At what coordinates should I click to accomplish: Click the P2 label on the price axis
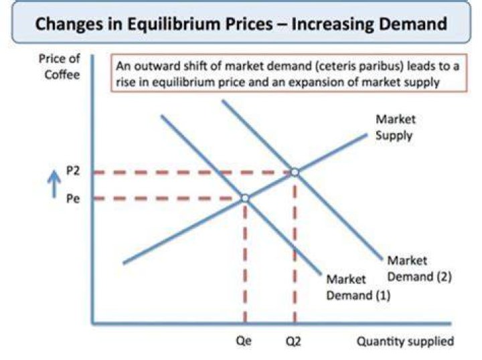pyautogui.click(x=73, y=171)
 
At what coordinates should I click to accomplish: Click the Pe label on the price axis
pyautogui.click(x=73, y=199)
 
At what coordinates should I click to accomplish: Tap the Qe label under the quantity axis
pyautogui.click(x=244, y=341)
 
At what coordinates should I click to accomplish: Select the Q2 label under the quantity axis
pyautogui.click(x=294, y=341)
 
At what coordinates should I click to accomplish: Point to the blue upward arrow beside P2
pyautogui.click(x=54, y=184)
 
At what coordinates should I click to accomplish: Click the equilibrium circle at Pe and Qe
pyautogui.click(x=245, y=199)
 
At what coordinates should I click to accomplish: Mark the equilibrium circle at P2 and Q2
pyautogui.click(x=295, y=173)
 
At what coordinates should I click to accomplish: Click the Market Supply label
pyautogui.click(x=396, y=127)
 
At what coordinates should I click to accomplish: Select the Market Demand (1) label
pyautogui.click(x=358, y=287)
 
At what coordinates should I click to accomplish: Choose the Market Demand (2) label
pyautogui.click(x=419, y=268)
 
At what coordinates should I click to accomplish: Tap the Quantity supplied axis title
pyautogui.click(x=405, y=341)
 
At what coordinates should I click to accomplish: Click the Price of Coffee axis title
pyautogui.click(x=60, y=66)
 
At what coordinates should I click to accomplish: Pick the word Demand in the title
pyautogui.click(x=413, y=23)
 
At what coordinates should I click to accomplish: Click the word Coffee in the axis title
pyautogui.click(x=62, y=74)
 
